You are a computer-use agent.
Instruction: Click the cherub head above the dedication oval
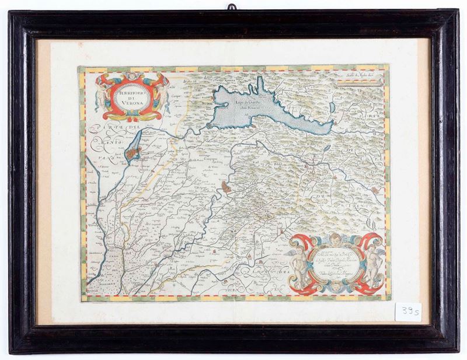point(335,239)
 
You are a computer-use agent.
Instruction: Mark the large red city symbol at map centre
point(226,187)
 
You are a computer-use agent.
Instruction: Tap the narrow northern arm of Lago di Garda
point(256,87)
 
